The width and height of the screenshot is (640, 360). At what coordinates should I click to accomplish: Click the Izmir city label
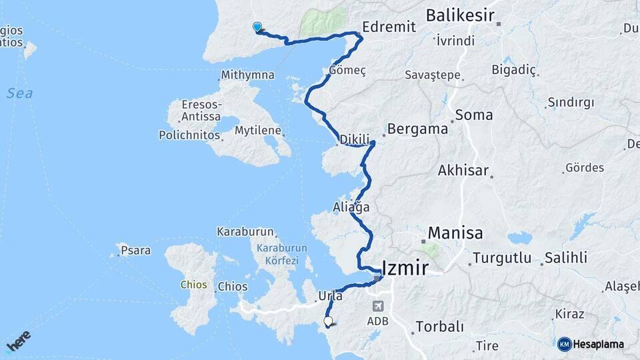click(x=407, y=268)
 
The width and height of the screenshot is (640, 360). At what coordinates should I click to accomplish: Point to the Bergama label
click(x=417, y=129)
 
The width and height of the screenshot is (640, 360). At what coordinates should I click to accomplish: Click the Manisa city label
click(x=455, y=233)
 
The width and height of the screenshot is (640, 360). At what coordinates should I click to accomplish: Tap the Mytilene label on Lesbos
click(x=257, y=131)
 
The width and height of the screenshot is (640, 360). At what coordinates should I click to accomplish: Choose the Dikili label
click(x=354, y=140)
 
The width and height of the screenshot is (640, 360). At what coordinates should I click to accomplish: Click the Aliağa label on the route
click(x=351, y=207)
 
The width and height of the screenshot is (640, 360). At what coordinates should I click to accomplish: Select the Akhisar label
click(x=463, y=171)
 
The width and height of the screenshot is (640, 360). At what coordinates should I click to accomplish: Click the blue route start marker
click(x=257, y=27)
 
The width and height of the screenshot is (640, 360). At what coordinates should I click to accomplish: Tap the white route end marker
click(x=328, y=321)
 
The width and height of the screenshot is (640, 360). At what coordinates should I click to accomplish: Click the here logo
click(x=19, y=341)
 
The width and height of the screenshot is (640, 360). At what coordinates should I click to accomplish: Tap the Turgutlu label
click(x=501, y=258)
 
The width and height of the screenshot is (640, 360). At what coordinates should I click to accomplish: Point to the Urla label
click(x=331, y=295)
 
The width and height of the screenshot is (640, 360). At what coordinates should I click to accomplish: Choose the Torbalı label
click(x=439, y=327)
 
